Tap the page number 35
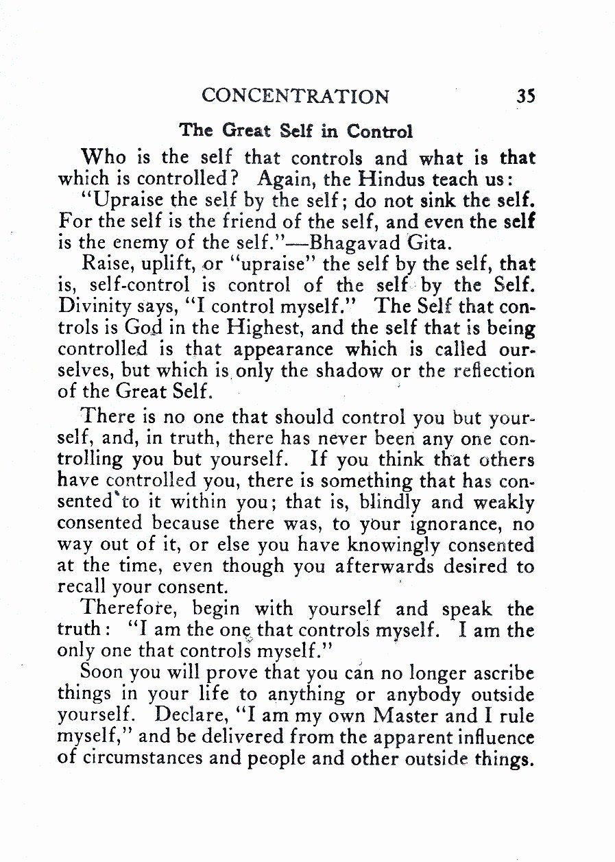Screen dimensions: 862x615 pyautogui.click(x=525, y=96)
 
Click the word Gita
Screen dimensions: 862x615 pyautogui.click(x=428, y=241)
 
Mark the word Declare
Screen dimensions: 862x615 pyautogui.click(x=185, y=715)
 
